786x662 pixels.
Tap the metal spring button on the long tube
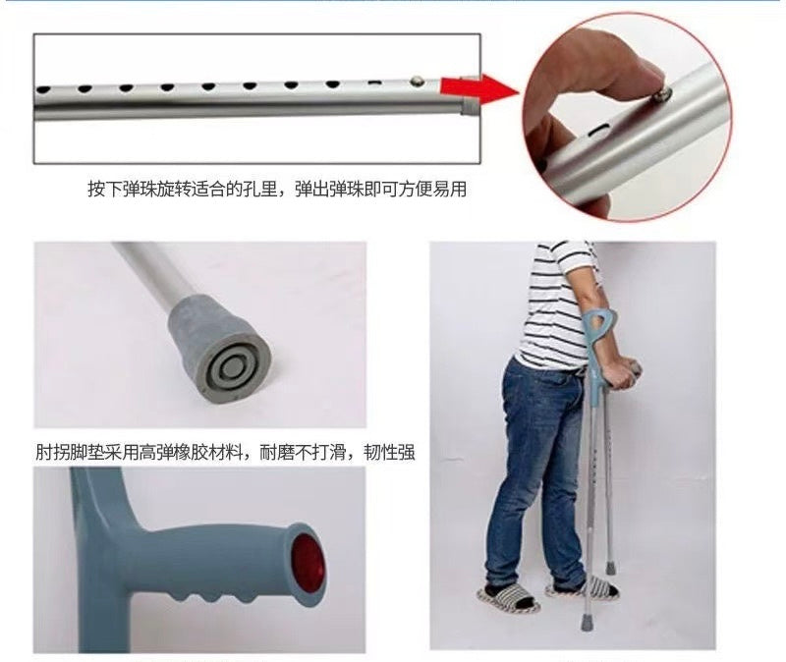coord(417,81)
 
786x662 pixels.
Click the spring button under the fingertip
coord(660,93)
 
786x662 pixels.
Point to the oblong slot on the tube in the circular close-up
coord(597,132)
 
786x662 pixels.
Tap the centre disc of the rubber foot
coord(231,368)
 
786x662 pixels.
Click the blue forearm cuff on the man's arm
coord(599,332)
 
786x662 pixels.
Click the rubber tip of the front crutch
coord(587,622)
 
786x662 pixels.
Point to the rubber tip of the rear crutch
coord(610,568)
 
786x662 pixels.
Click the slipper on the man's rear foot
coord(507,599)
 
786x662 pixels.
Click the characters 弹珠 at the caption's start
coord(140,190)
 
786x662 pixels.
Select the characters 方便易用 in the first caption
coord(432,190)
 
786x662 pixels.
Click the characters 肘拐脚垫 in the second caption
coord(70,452)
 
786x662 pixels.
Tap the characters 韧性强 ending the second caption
coord(389,452)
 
